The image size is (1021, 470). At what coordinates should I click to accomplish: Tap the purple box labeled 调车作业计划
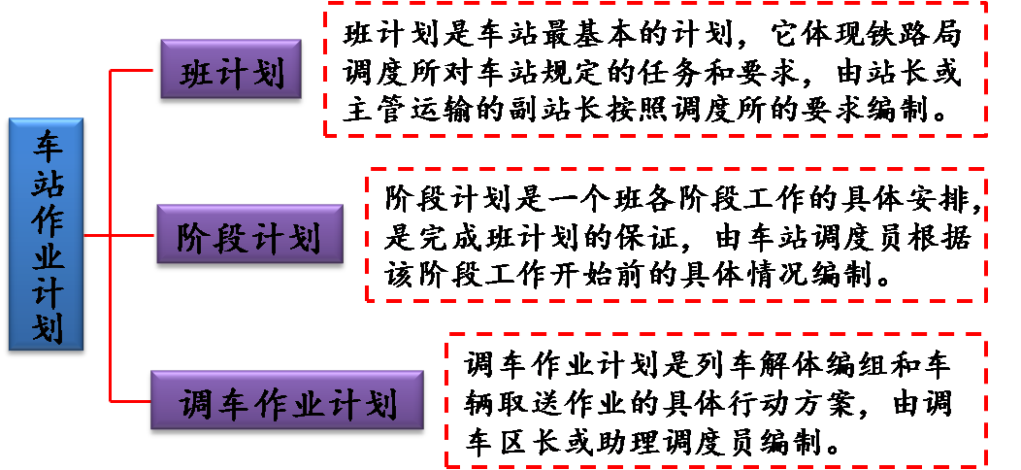286,401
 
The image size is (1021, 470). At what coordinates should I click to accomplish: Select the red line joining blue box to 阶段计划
120,236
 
